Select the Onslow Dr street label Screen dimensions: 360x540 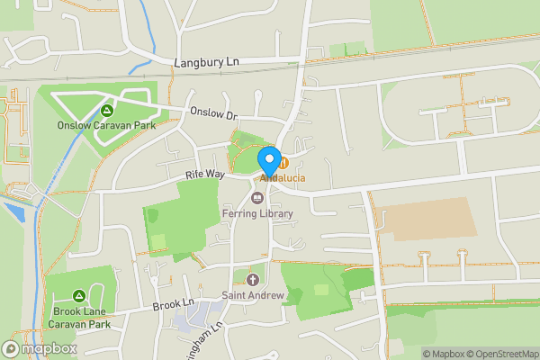(212, 114)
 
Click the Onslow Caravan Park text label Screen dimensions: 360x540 (106, 125)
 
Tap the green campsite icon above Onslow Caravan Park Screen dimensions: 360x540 (106, 111)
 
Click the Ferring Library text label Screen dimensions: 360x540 (257, 213)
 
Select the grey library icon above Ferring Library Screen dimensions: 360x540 (257, 199)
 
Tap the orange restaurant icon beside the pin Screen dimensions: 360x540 (283, 163)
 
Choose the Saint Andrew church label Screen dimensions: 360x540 (253, 295)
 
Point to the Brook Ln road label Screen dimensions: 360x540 (174, 305)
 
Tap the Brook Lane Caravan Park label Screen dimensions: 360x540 (79, 317)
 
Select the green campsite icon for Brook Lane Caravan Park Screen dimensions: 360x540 (79, 295)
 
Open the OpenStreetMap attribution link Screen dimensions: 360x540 (499, 353)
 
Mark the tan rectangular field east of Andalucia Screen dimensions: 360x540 (428, 219)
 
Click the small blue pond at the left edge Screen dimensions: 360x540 (13, 213)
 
